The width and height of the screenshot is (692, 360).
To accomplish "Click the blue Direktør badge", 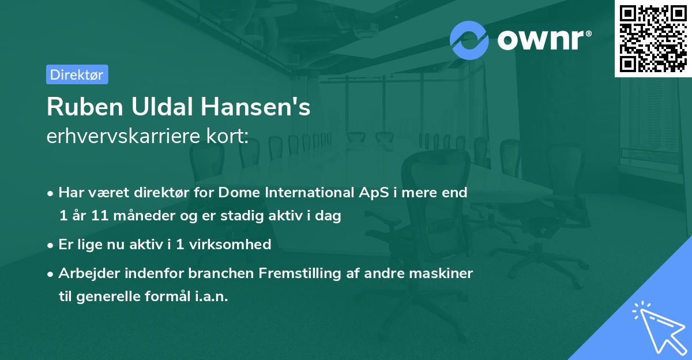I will pos(77,74).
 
